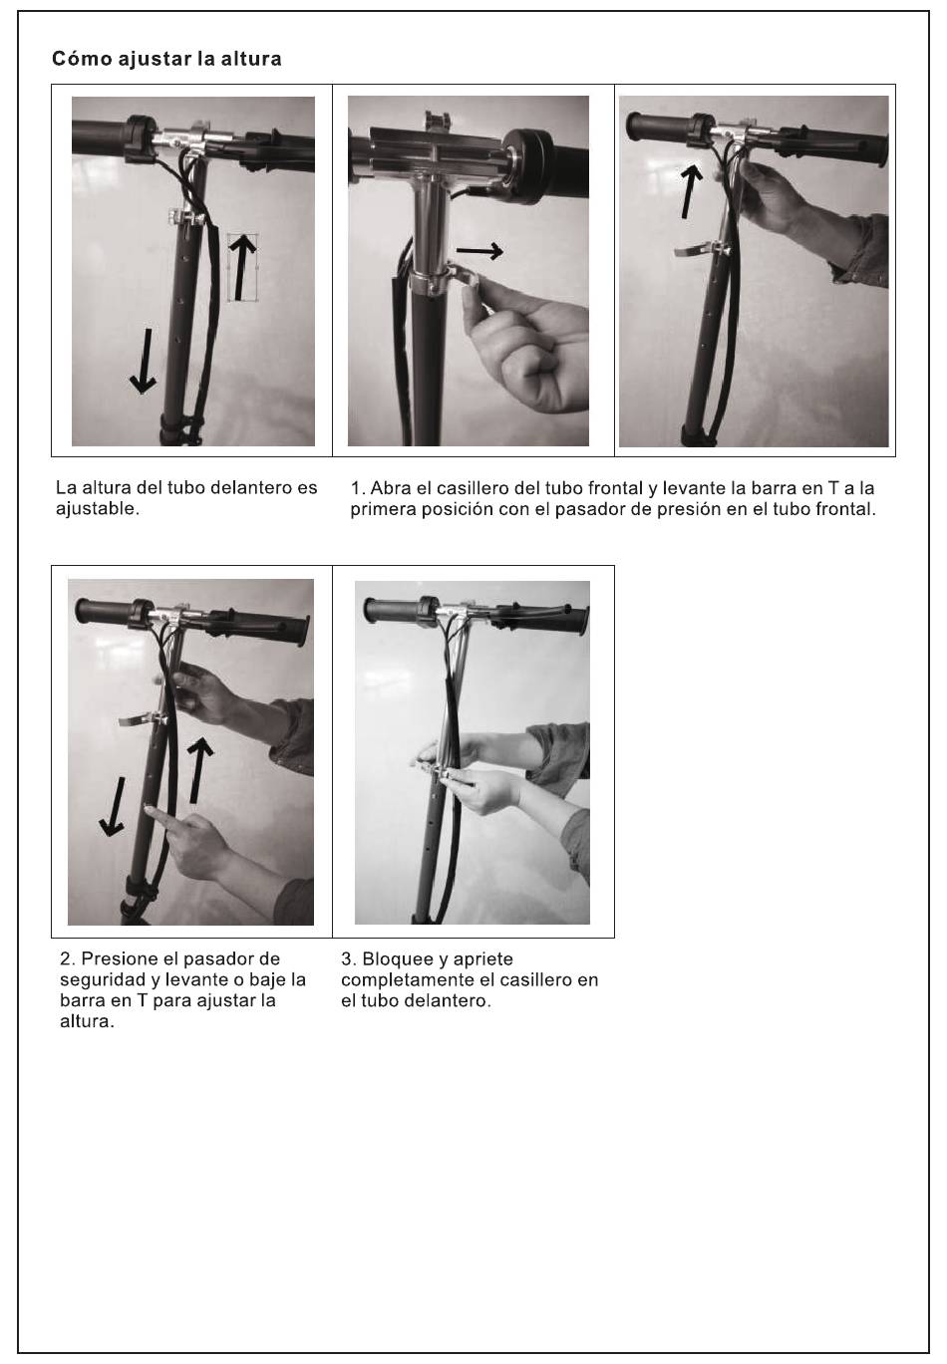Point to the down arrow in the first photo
pyautogui.click(x=144, y=362)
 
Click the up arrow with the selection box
pyautogui.click(x=243, y=267)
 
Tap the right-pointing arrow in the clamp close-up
pyautogui.click(x=479, y=250)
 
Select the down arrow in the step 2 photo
pyautogui.click(x=113, y=806)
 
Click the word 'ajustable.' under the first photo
pyautogui.click(x=98, y=510)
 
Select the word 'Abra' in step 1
pyautogui.click(x=390, y=488)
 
